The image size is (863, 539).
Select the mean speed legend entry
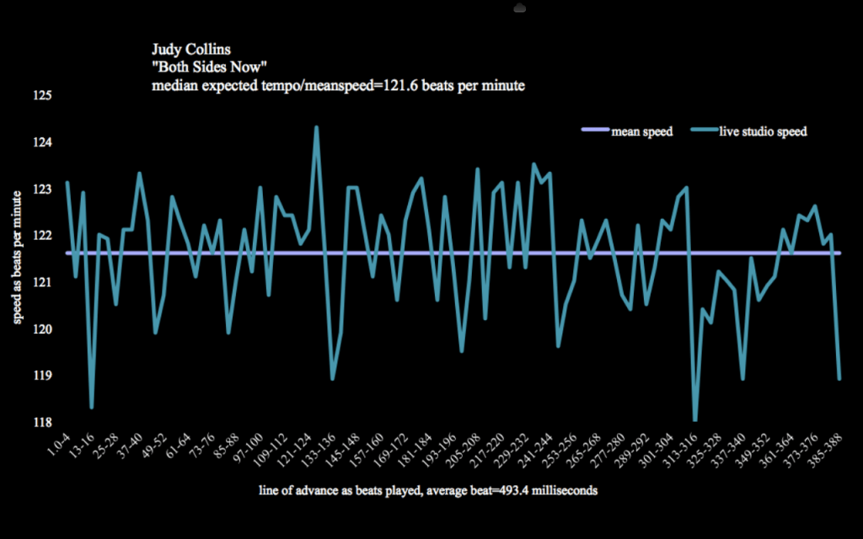coord(641,131)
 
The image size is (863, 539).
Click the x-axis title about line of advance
coord(429,490)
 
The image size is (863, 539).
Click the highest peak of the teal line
coord(316,127)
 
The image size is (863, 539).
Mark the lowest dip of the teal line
coord(695,419)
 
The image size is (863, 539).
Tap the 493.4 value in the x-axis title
coord(498,490)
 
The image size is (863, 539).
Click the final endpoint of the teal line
coord(839,379)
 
